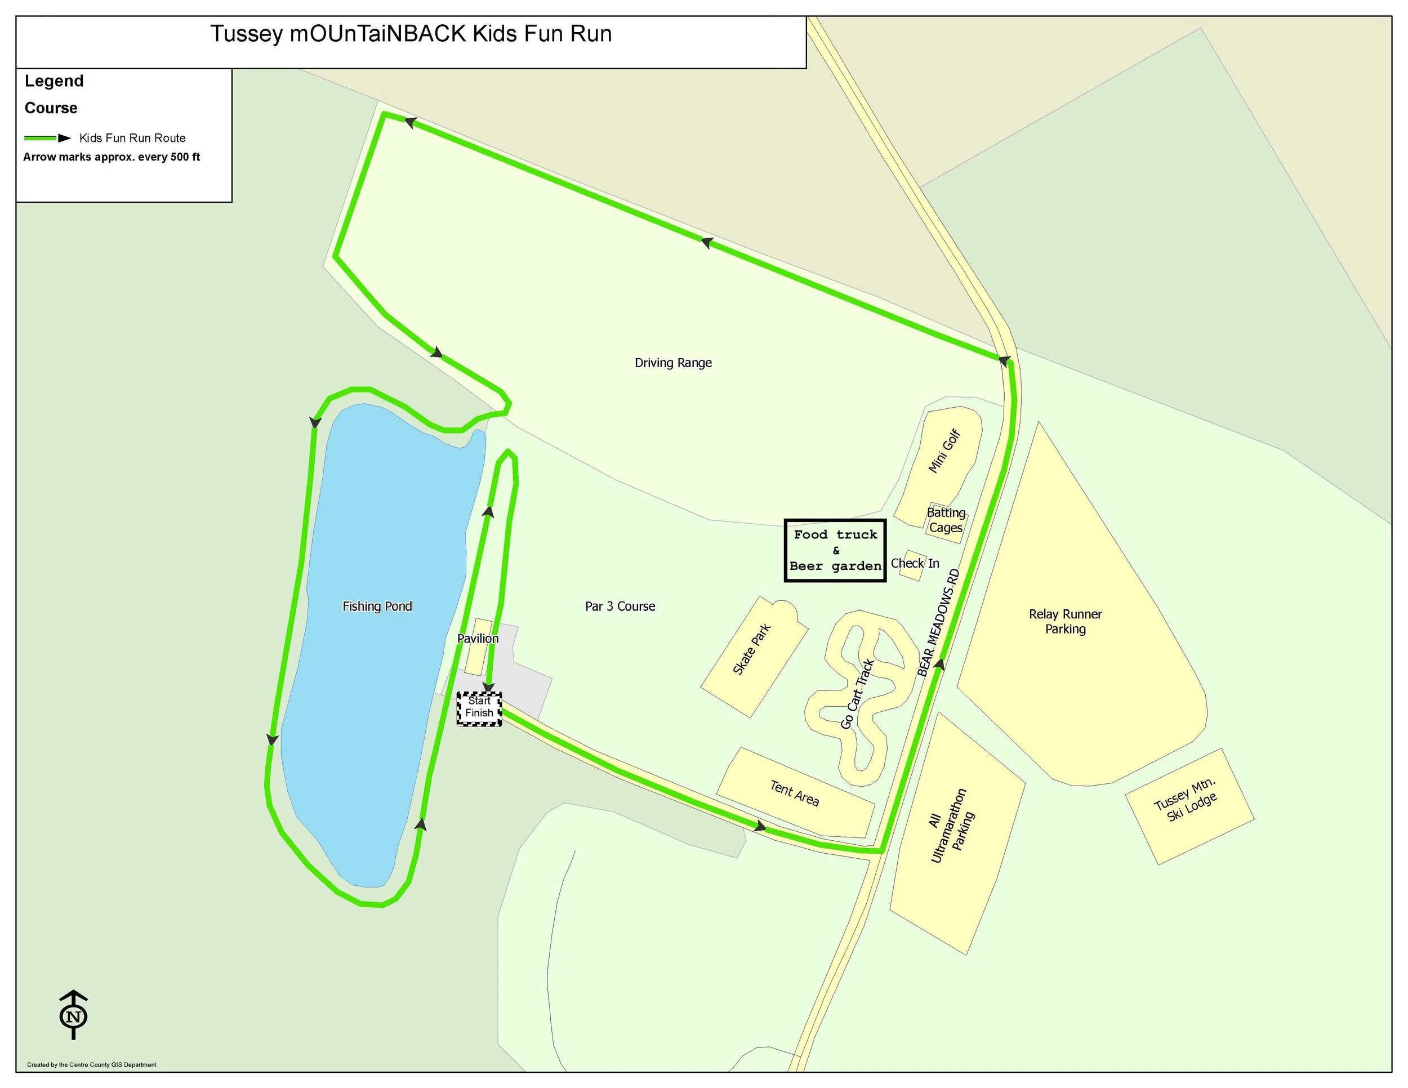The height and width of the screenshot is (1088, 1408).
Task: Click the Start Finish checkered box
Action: point(479,708)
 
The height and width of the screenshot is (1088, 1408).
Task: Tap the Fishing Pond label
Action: point(377,607)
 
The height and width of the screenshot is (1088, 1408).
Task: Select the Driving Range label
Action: point(673,363)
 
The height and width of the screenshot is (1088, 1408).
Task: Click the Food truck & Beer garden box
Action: point(835,550)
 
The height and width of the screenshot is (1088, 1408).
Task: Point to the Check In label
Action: point(915,563)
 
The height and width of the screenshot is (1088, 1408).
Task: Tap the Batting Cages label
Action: point(946,520)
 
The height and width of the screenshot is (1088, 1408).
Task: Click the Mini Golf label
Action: point(944,451)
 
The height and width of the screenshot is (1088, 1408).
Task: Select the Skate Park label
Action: point(752,649)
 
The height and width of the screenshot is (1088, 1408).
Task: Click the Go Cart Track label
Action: point(857,694)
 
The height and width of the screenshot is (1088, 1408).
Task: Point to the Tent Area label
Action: point(794,793)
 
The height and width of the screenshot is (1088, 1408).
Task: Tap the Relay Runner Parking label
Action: point(1065,621)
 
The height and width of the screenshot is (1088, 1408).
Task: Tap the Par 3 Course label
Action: point(620,607)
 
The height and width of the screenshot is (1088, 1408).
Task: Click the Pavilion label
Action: point(478,639)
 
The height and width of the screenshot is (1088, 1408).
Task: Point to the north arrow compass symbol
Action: point(73,1016)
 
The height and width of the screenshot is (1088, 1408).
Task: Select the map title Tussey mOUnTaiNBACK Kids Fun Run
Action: point(411,34)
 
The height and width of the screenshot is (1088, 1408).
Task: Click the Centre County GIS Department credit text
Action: point(92,1065)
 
